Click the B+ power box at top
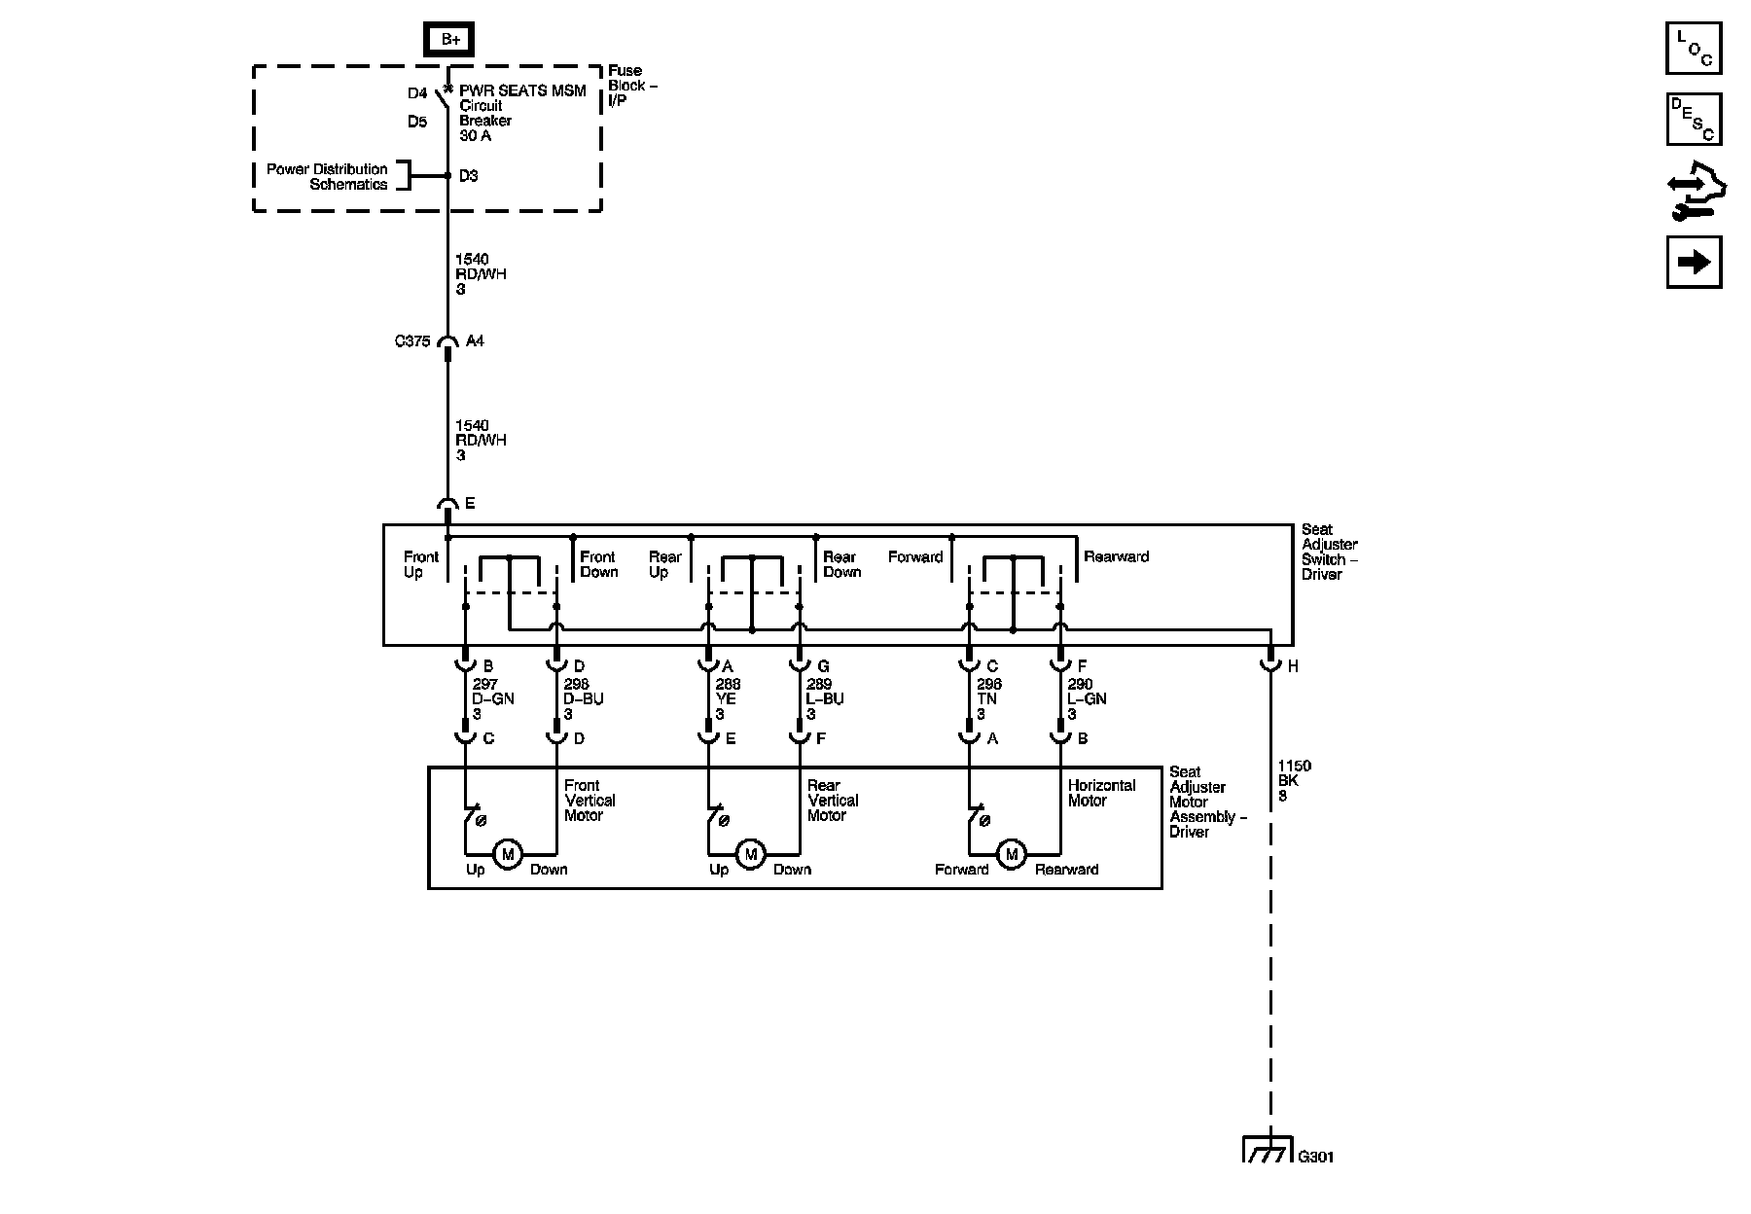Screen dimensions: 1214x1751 point(449,40)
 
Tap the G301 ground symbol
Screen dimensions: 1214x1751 point(1269,1151)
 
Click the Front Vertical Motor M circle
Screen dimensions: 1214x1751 point(507,854)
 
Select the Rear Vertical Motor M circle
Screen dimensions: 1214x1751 point(750,854)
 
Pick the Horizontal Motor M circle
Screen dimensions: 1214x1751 point(1012,854)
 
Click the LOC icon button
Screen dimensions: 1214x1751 point(1694,48)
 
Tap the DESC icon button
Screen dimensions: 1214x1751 point(1694,119)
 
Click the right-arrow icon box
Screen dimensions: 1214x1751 point(1694,262)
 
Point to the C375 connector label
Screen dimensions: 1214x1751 point(411,341)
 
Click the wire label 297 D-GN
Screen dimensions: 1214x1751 point(492,699)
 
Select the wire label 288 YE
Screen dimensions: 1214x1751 point(727,699)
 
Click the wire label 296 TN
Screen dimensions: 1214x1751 point(988,699)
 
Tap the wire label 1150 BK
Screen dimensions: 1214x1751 point(1294,780)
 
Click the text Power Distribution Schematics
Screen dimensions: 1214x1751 point(328,176)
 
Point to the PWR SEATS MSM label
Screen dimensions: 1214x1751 point(522,91)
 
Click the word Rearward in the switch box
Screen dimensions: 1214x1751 point(1116,556)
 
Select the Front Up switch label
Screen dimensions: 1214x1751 point(421,564)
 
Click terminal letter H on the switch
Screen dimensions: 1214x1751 point(1293,667)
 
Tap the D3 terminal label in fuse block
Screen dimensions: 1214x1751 point(469,176)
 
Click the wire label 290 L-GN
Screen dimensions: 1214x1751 point(1086,699)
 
